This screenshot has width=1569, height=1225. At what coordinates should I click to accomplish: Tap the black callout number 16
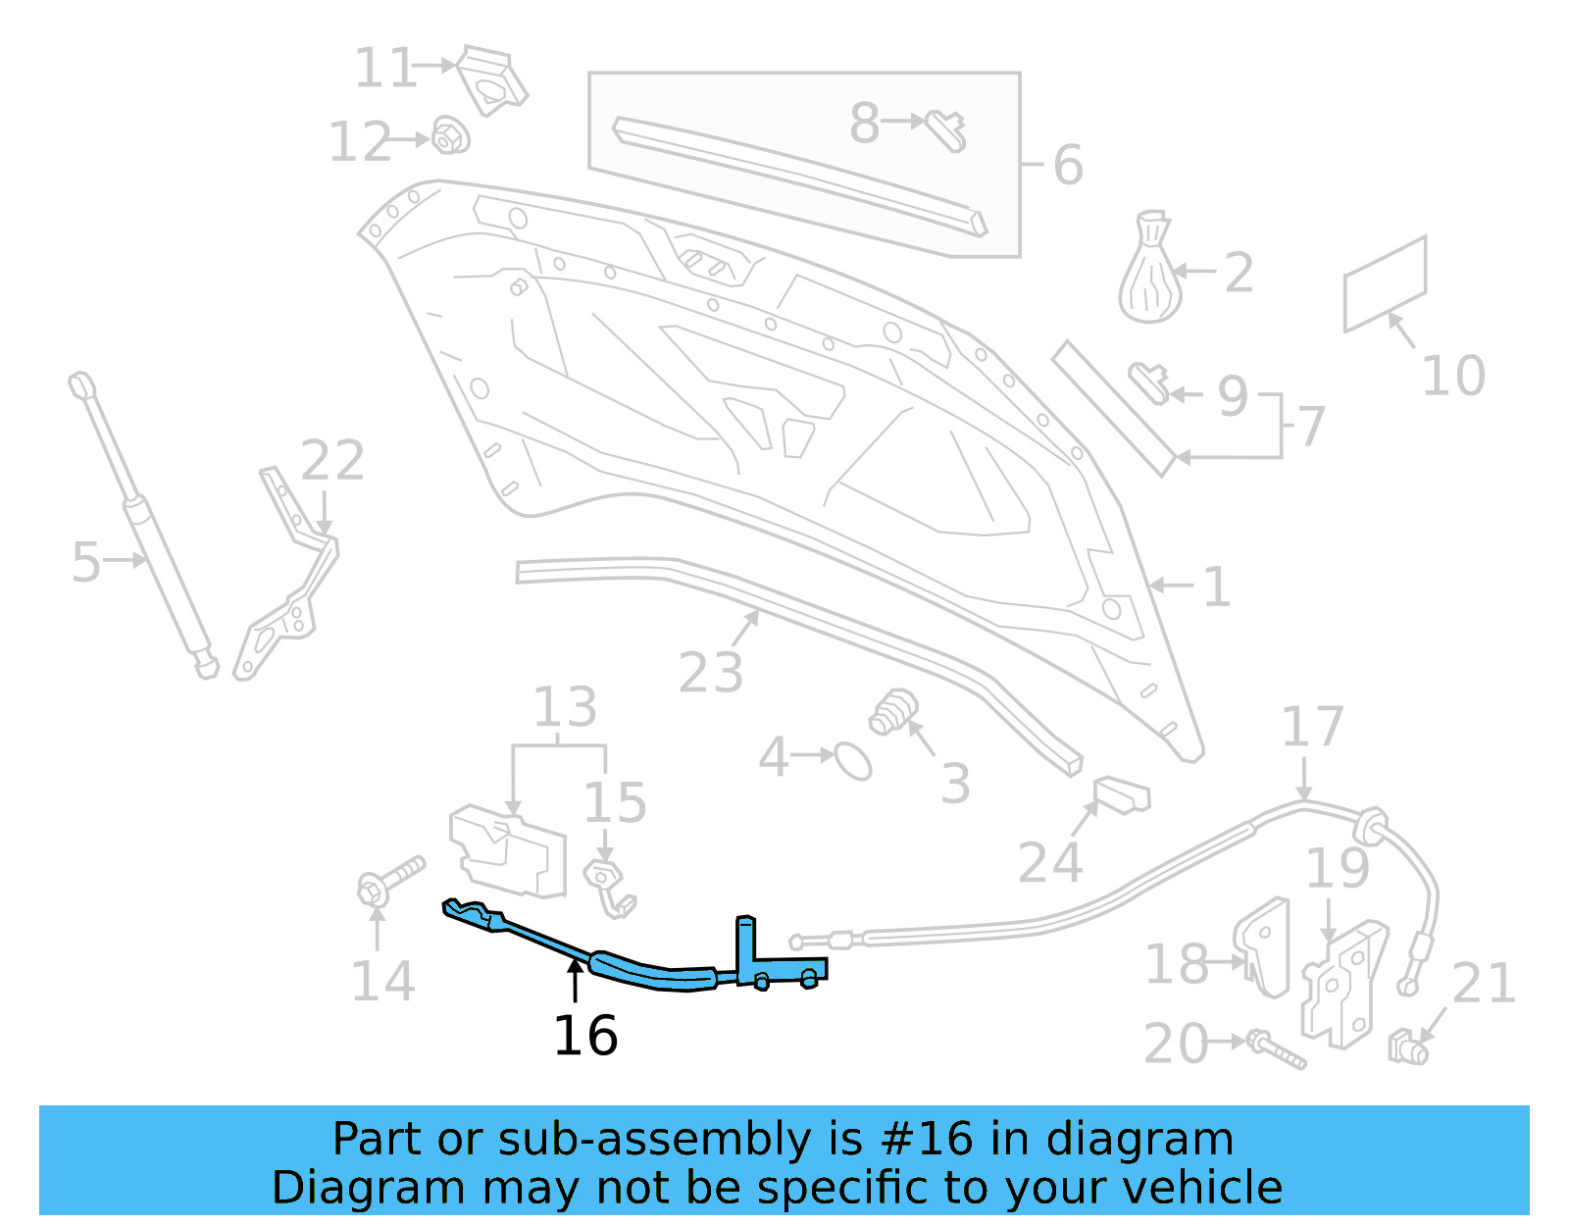[585, 1036]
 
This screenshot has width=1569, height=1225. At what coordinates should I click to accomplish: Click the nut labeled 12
[450, 136]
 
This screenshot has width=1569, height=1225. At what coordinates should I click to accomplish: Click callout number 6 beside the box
[1068, 165]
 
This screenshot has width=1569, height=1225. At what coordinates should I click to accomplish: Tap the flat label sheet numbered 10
[1385, 284]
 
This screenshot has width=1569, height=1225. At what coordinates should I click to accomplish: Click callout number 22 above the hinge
[332, 460]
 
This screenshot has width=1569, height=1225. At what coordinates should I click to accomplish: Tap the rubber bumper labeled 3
[893, 713]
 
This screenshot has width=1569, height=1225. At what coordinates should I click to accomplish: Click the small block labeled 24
[1122, 794]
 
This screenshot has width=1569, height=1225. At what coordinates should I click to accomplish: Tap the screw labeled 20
[1275, 1049]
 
